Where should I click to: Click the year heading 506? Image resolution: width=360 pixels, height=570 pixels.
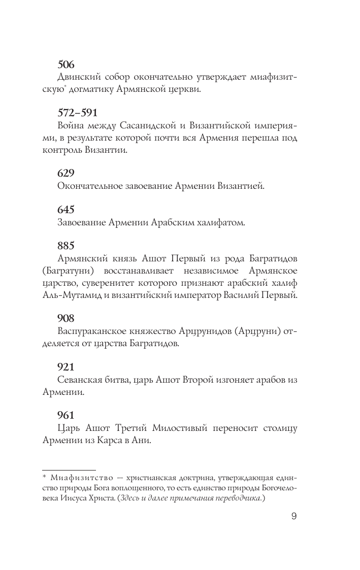66,64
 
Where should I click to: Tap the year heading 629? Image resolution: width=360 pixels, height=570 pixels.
66,173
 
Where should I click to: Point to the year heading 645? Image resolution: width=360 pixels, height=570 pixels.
66,209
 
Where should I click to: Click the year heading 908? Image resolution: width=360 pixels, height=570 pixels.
66,318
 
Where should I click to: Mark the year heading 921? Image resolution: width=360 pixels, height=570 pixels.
66,366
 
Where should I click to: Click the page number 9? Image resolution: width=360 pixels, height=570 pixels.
293,517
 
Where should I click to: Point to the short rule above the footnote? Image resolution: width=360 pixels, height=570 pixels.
69,470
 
